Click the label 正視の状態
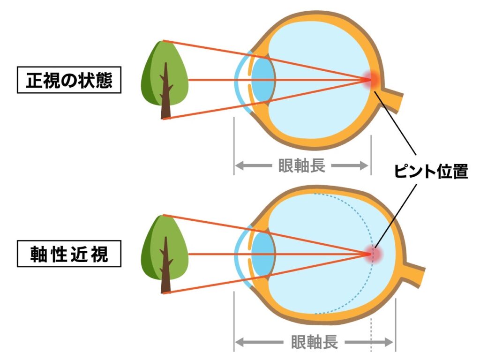pyautogui.click(x=69, y=80)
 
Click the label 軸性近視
pyautogui.click(x=69, y=254)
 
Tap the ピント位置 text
pyautogui.click(x=431, y=171)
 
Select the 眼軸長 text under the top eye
pyautogui.click(x=301, y=165)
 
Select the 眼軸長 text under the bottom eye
pyautogui.click(x=315, y=342)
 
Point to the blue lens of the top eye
pyautogui.click(x=263, y=80)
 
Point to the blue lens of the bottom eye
pyautogui.click(x=263, y=254)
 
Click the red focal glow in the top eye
pyautogui.click(x=371, y=80)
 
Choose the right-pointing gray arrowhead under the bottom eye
pyautogui.click(x=389, y=342)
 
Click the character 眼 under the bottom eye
pyautogui.click(x=299, y=342)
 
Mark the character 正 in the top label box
pyautogui.click(x=34, y=80)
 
